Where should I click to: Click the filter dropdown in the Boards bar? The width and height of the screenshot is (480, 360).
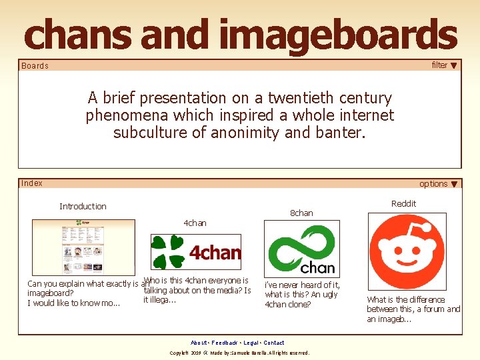[x=445, y=65]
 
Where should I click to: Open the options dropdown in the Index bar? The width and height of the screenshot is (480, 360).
[x=438, y=184]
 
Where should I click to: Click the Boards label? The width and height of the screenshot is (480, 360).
[x=35, y=66]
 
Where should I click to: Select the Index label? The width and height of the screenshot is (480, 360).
[x=31, y=183]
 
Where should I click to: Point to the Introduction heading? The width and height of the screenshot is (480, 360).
[x=83, y=207]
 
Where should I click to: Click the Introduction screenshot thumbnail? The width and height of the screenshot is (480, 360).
[x=83, y=247]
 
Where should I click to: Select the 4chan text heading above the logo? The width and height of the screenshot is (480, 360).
[x=195, y=223]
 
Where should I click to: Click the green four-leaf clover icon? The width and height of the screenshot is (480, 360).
[x=167, y=252]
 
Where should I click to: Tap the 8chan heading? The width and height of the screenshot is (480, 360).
[x=301, y=213]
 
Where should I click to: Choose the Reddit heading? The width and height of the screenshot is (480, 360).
[x=403, y=204]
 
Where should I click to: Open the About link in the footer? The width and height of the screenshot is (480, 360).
[x=198, y=343]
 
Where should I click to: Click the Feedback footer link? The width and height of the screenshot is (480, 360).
[x=225, y=343]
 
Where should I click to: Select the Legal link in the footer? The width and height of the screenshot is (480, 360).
[x=251, y=343]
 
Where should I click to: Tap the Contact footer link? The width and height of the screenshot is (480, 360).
[x=274, y=343]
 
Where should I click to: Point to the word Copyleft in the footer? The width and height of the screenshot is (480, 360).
[x=181, y=353]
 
